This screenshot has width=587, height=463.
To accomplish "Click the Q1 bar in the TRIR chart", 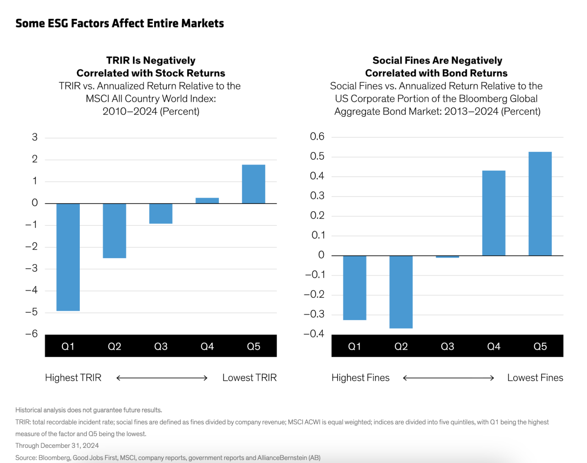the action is pyautogui.click(x=68, y=257).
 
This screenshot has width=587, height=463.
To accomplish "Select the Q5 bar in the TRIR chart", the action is pyautogui.click(x=254, y=184).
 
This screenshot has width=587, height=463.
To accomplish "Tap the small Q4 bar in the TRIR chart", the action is pyautogui.click(x=207, y=201).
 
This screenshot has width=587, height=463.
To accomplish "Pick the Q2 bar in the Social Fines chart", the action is pyautogui.click(x=401, y=292).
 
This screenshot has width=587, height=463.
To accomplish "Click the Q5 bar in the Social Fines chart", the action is pyautogui.click(x=540, y=204).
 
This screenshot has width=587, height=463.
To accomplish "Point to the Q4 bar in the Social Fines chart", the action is pyautogui.click(x=494, y=213).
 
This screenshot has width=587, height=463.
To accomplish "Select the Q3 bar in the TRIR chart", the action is pyautogui.click(x=161, y=214).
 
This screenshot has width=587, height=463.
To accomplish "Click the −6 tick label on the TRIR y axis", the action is pyautogui.click(x=32, y=334).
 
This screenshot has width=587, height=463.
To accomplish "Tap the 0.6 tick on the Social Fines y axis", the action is pyautogui.click(x=317, y=136).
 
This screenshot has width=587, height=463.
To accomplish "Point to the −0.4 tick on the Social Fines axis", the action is pyautogui.click(x=314, y=334).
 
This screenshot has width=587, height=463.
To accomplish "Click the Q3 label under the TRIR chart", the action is pyautogui.click(x=161, y=346).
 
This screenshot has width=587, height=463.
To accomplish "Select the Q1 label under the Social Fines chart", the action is pyautogui.click(x=354, y=346).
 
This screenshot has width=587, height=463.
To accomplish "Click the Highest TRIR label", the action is pyautogui.click(x=73, y=378).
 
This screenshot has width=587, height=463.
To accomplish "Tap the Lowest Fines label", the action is pyautogui.click(x=535, y=378).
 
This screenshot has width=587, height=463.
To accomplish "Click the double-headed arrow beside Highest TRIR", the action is pyautogui.click(x=162, y=378).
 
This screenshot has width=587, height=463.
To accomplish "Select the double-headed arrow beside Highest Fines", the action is pyautogui.click(x=449, y=378).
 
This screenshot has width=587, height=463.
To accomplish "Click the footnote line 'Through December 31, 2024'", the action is pyautogui.click(x=57, y=446).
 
